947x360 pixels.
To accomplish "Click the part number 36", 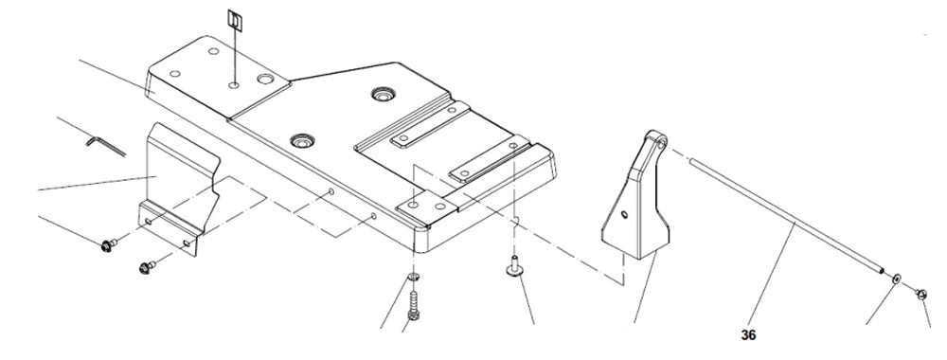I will pyautogui.click(x=749, y=333).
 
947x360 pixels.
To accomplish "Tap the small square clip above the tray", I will pyautogui.click(x=235, y=20).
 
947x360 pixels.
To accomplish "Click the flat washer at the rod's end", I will pyautogui.click(x=896, y=280).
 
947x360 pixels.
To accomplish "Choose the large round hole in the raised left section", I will pyautogui.click(x=265, y=80).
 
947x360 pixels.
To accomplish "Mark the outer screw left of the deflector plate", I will pyautogui.click(x=107, y=247).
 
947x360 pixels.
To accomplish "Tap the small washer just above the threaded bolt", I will pyautogui.click(x=414, y=278).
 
